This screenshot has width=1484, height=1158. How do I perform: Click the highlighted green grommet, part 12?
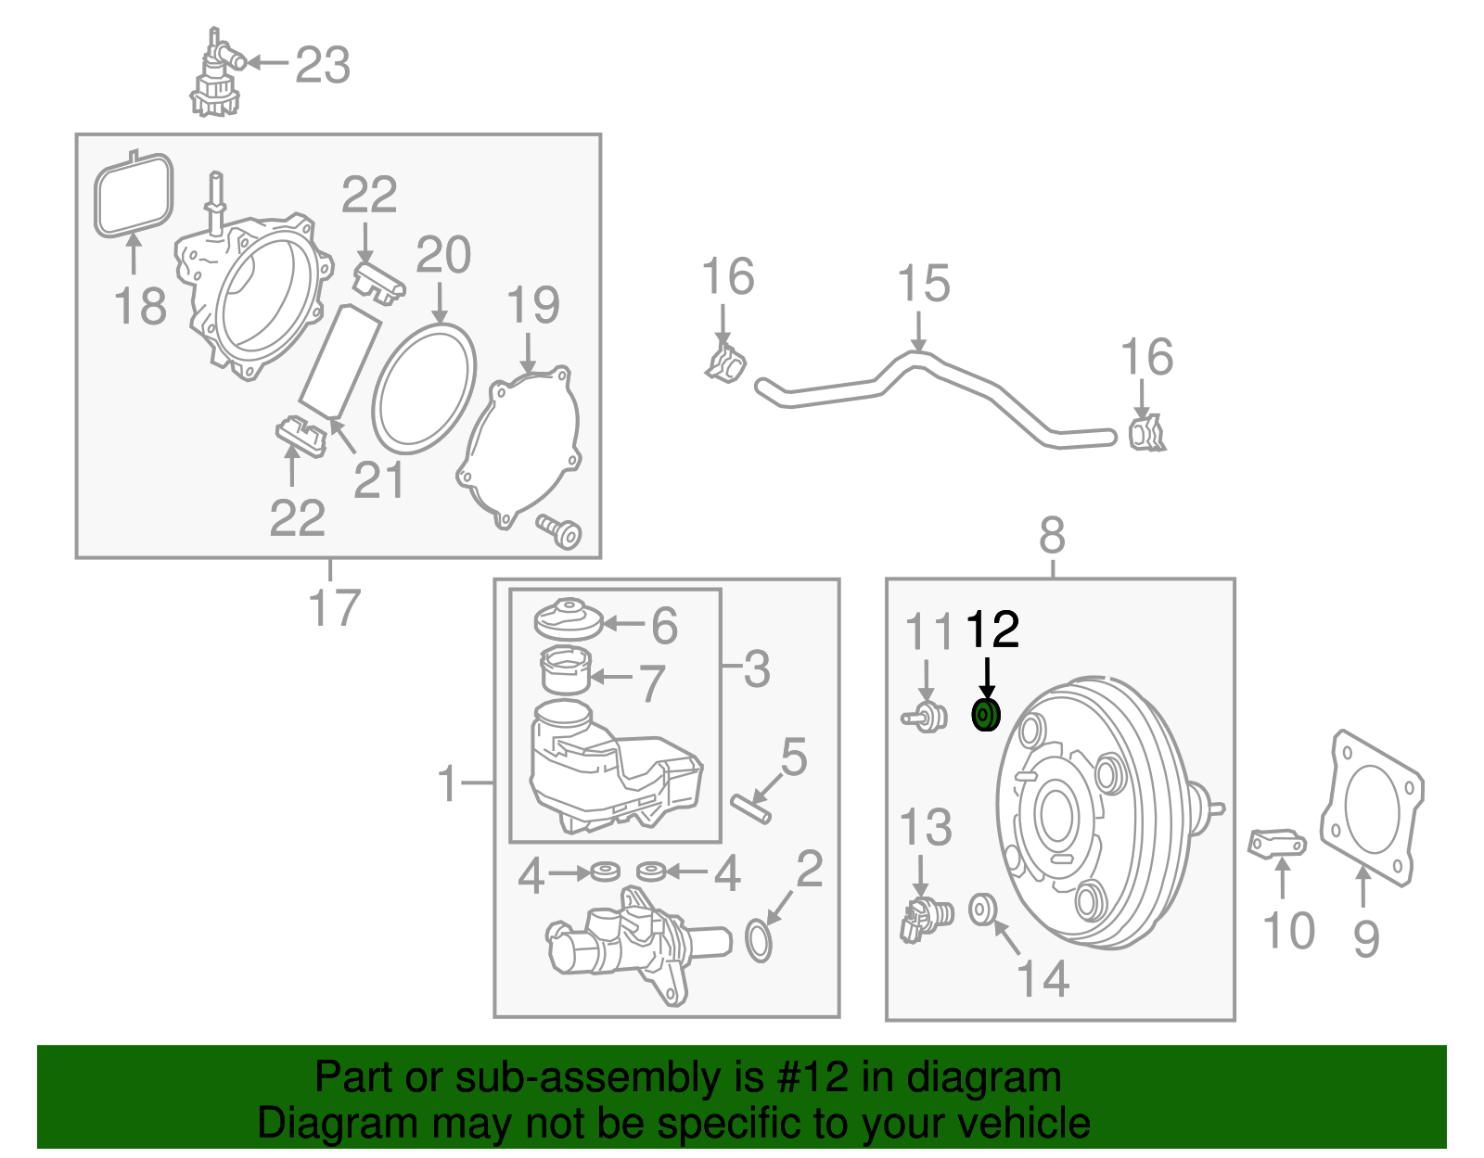pyautogui.click(x=985, y=716)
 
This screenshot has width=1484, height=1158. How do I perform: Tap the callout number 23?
pyautogui.click(x=323, y=66)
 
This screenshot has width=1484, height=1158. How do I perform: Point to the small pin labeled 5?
pyautogui.click(x=750, y=808)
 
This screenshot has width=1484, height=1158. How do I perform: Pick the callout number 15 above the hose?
pyautogui.click(x=924, y=285)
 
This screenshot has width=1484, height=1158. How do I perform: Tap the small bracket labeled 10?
pyautogui.click(x=1277, y=844)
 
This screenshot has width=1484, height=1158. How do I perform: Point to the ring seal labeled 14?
pyautogui.click(x=982, y=910)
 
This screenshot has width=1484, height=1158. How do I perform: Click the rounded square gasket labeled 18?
pyautogui.click(x=134, y=196)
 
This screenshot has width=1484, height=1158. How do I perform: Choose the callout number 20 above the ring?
pyautogui.click(x=443, y=256)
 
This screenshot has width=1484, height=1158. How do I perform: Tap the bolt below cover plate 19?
pyautogui.click(x=560, y=531)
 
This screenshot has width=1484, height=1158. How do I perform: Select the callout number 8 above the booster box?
pyautogui.click(x=1052, y=536)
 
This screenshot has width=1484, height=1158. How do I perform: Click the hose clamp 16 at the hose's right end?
pyautogui.click(x=1146, y=434)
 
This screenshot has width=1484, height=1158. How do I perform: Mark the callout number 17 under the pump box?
pyautogui.click(x=334, y=609)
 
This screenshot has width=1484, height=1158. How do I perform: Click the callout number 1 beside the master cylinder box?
pyautogui.click(x=448, y=784)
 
